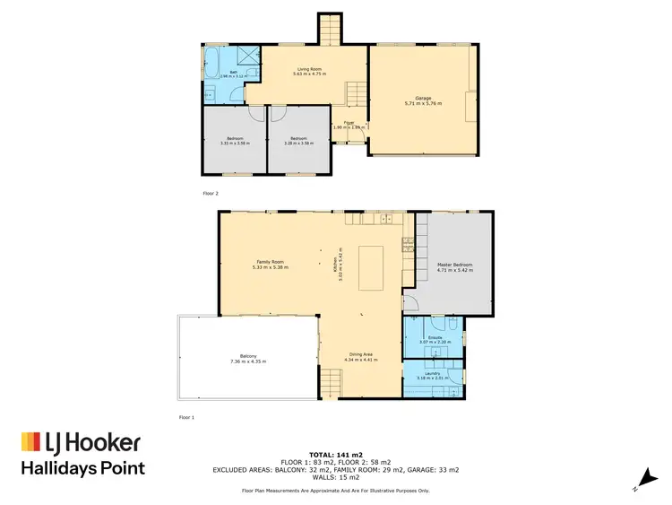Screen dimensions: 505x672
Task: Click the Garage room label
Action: coord(423,100)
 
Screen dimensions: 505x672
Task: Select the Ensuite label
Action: coord(432,338)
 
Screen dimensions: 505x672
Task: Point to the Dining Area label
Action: coord(363,354)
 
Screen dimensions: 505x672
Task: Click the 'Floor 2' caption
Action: coord(211,193)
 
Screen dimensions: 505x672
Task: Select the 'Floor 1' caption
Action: coord(186,417)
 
